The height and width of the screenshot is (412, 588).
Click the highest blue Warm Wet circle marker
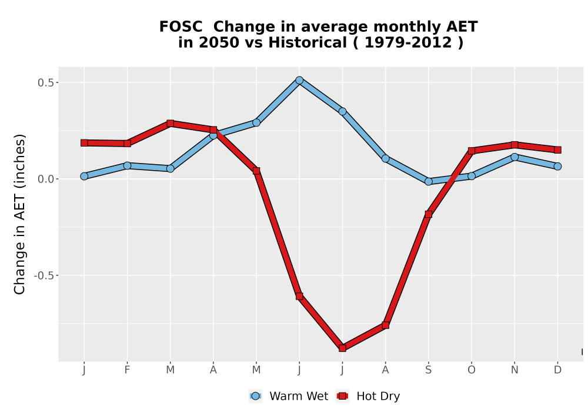pos(299,80)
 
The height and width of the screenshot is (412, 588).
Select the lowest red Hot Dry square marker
pos(342,348)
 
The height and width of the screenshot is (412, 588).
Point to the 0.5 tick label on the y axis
pos(45,82)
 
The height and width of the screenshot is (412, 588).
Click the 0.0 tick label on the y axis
pos(45,179)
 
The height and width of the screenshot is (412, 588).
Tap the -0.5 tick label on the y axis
pos(44,275)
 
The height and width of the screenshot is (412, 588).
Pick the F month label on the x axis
pos(127,370)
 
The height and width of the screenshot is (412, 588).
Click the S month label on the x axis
pos(428,370)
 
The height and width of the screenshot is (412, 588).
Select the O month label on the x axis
pos(472,370)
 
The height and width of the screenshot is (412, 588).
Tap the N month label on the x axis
pos(514,370)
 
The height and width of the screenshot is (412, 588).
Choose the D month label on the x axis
pos(557,370)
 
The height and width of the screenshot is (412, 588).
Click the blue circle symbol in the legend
pos(255,396)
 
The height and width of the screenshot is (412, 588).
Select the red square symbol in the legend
pos(342,396)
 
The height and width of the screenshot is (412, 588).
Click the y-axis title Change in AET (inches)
pos(19,214)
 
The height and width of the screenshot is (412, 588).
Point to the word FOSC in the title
pos(181,27)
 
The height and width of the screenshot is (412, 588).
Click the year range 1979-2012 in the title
pos(408,42)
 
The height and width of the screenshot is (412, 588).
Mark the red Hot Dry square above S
pos(428,214)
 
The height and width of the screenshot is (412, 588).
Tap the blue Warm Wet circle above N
pos(514,157)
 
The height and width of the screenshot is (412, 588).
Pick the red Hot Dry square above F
pos(127,144)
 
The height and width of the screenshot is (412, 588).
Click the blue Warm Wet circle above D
pos(557,166)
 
